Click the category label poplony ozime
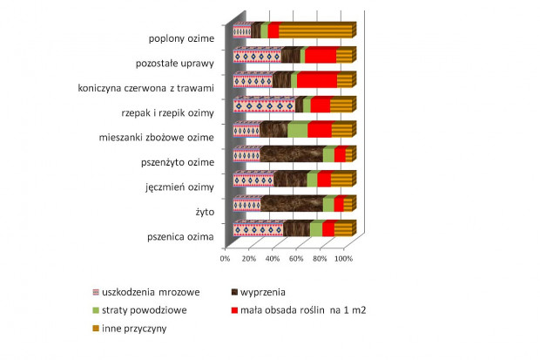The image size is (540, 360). point(181,38)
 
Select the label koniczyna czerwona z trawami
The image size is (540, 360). point(146,88)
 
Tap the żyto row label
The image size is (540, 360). point(205,212)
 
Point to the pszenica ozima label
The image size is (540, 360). point(180,237)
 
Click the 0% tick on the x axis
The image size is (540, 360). point(225,259)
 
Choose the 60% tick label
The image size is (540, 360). point(296,259)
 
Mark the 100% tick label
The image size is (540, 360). point(343,259)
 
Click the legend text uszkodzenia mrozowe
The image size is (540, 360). point(151,292)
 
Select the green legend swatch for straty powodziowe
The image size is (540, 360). point(96,310)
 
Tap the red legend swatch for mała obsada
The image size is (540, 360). point(234,310)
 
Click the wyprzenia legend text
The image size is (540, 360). point(263,292)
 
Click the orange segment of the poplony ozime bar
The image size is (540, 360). point(315,31)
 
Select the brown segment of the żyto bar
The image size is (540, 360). point(292,205)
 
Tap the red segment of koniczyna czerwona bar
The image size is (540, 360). point(317,81)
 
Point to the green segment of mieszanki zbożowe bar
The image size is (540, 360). point(298,131)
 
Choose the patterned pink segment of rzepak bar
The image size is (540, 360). point(265,105)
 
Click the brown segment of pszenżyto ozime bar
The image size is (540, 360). point(292,155)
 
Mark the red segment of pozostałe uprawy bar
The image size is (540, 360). point(321,56)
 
